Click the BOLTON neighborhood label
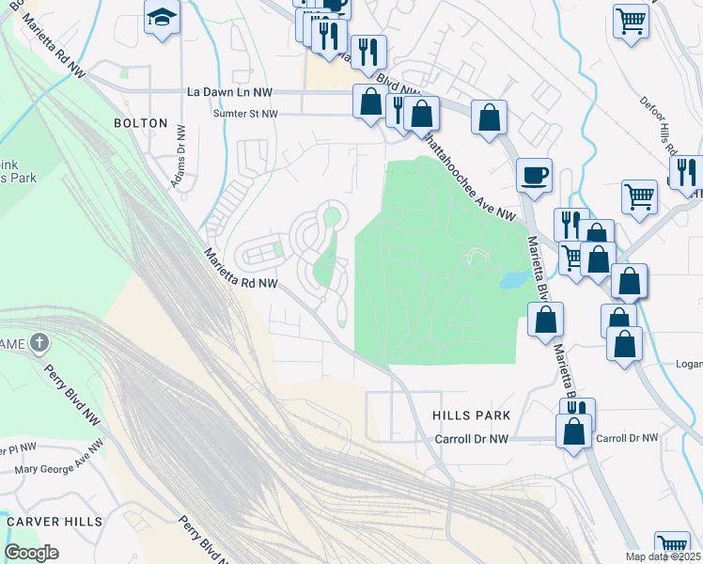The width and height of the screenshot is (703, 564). (x=140, y=123)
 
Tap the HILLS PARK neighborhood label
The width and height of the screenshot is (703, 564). (x=471, y=415)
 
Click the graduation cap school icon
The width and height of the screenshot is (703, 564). (x=162, y=18)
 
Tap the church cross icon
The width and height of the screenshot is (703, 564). (x=39, y=342)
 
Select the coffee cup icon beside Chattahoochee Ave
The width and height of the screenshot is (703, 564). (x=534, y=175)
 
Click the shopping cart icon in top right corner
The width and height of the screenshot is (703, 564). (x=631, y=20)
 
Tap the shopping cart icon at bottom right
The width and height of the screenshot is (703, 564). (x=672, y=545)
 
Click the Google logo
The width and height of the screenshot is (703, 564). (x=31, y=553)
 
